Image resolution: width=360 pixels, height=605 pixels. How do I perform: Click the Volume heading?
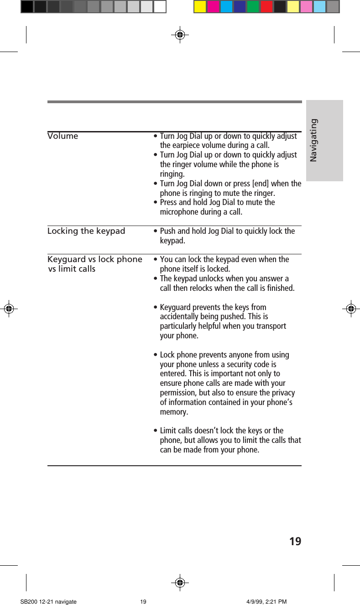point(63,136)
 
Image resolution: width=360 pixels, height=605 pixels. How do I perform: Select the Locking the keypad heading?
point(86,231)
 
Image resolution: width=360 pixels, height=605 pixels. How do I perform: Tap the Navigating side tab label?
point(313,140)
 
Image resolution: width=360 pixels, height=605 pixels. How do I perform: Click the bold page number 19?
point(295,542)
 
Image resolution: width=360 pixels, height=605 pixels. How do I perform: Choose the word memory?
point(173,412)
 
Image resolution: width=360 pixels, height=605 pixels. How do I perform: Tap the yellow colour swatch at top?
point(200,7)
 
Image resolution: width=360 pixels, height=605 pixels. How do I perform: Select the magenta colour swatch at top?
point(213,7)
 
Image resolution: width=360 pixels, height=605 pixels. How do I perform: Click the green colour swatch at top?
point(253,7)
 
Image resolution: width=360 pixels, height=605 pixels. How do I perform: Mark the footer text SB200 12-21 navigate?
point(48,602)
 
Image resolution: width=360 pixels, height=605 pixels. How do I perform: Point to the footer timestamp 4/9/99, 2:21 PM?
point(266,602)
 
